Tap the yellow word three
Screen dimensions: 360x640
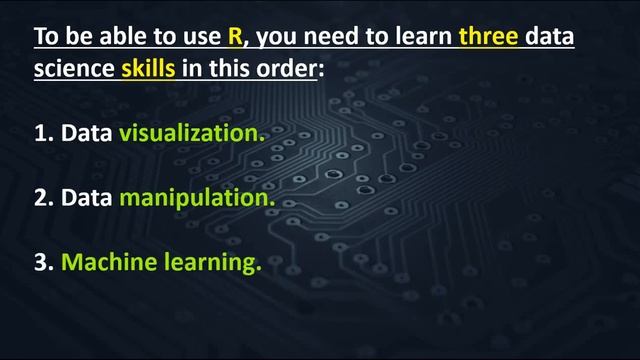click(x=489, y=38)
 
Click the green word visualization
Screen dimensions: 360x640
click(x=193, y=133)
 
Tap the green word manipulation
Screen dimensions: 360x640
click(x=196, y=198)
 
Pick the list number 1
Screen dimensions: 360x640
click(x=42, y=133)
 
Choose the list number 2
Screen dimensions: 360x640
click(x=42, y=198)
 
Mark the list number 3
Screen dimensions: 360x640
click(x=42, y=263)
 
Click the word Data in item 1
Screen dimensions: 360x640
click(x=86, y=133)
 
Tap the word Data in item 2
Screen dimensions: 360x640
click(x=86, y=198)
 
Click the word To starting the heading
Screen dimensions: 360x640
click(x=46, y=38)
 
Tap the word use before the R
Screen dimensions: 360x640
click(x=197, y=38)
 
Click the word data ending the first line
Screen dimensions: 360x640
click(x=551, y=38)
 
